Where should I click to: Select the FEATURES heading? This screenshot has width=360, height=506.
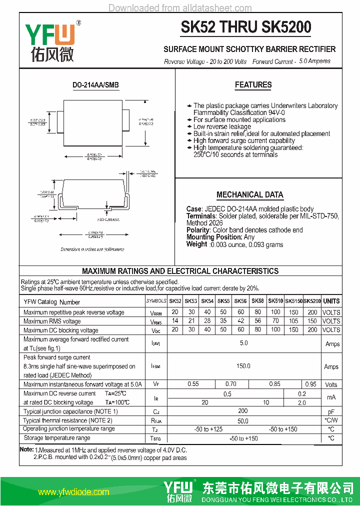253,85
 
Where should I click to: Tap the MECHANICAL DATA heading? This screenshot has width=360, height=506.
249,194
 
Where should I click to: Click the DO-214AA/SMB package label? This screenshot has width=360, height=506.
96,85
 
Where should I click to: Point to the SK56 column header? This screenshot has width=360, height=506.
240,301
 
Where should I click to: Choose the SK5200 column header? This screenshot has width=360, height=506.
312,301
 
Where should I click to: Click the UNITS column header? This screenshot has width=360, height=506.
331,301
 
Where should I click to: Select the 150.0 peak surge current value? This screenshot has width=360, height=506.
243,366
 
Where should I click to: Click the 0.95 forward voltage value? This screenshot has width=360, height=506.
310,384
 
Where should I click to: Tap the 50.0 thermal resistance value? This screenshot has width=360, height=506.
243,421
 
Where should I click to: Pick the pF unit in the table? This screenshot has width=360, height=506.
331,411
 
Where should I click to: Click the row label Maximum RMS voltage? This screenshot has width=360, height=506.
52,321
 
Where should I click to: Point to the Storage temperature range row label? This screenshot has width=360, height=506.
56,438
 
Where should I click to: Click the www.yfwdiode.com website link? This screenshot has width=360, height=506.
73,492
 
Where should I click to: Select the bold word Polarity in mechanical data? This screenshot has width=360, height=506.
198,230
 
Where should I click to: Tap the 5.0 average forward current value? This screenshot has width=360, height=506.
243,343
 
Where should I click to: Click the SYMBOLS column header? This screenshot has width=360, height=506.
156,301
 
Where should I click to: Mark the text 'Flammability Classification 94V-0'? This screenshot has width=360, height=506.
239,113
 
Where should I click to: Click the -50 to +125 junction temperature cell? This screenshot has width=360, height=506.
208,429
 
